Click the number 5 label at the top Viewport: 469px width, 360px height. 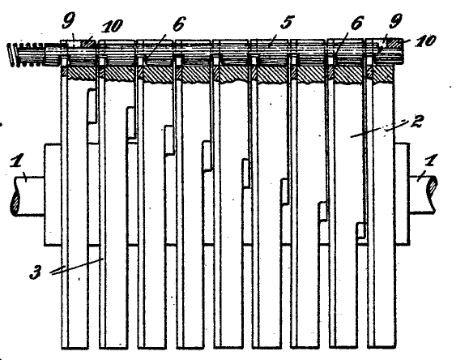pyautogui.click(x=287, y=23)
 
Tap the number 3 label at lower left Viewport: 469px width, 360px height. pyautogui.click(x=36, y=273)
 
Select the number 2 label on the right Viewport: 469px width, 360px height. pyautogui.click(x=416, y=121)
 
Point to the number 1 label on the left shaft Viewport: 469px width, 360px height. pyautogui.click(x=17, y=162)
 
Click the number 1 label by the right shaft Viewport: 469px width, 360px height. pyautogui.click(x=430, y=161)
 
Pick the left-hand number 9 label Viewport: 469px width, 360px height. pyautogui.click(x=69, y=21)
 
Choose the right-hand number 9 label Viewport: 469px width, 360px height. pyautogui.click(x=395, y=22)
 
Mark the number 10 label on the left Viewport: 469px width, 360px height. pyautogui.click(x=112, y=27)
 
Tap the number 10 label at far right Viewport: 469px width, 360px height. pyautogui.click(x=425, y=41)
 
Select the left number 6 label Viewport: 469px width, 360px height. pyautogui.click(x=179, y=24)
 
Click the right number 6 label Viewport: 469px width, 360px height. pyautogui.click(x=356, y=23)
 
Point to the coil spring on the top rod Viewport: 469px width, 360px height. pyautogui.click(x=27, y=55)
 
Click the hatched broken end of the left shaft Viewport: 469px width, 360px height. pyautogui.click(x=15, y=204)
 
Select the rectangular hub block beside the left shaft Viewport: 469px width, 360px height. pyautogui.click(x=53, y=195)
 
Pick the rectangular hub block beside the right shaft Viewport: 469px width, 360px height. pyautogui.click(x=402, y=194)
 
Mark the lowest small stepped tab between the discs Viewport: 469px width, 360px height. pyautogui.click(x=361, y=230)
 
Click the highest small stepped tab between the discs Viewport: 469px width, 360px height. pyautogui.click(x=92, y=105)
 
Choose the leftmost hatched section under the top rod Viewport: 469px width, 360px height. pyautogui.click(x=79, y=73)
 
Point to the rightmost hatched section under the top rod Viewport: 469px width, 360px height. pyautogui.click(x=382, y=74)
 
